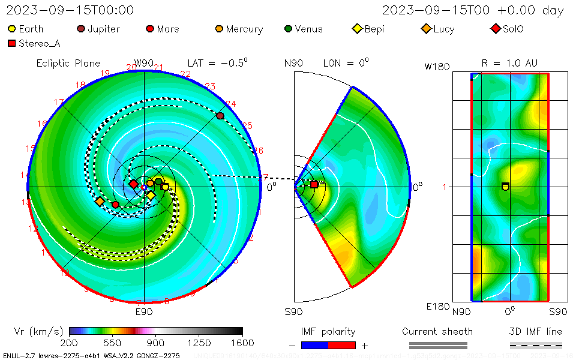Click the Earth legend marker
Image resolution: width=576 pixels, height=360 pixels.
(11, 29)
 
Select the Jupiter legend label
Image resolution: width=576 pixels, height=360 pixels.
(103, 29)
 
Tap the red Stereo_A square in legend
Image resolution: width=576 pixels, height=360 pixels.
(11, 43)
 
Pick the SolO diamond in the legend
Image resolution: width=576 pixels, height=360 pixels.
(495, 29)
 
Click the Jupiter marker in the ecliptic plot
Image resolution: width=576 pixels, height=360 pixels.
(220, 116)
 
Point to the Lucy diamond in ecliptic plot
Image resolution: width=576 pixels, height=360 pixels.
(100, 202)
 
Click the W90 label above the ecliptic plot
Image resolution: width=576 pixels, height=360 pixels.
(144, 64)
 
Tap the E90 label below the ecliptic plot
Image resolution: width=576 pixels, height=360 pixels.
(144, 312)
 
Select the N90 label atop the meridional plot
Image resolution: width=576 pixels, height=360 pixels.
(293, 64)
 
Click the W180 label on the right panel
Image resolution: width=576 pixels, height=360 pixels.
(437, 67)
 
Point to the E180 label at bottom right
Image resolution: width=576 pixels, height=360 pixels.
(437, 307)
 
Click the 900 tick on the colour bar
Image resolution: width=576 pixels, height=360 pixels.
(156, 343)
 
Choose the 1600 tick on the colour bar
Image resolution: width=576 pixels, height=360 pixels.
(242, 343)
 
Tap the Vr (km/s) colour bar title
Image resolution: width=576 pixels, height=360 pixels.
(38, 331)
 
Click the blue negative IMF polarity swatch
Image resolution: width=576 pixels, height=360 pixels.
(315, 345)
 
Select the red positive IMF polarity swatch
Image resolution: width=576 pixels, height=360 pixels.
(342, 345)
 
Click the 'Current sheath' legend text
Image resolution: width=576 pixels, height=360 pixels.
(437, 331)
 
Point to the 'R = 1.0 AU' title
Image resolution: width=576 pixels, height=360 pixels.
(509, 64)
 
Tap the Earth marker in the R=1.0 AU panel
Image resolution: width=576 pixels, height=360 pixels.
(505, 187)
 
